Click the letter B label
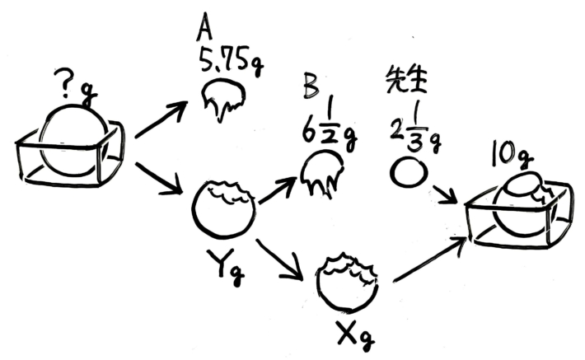tap(310, 86)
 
